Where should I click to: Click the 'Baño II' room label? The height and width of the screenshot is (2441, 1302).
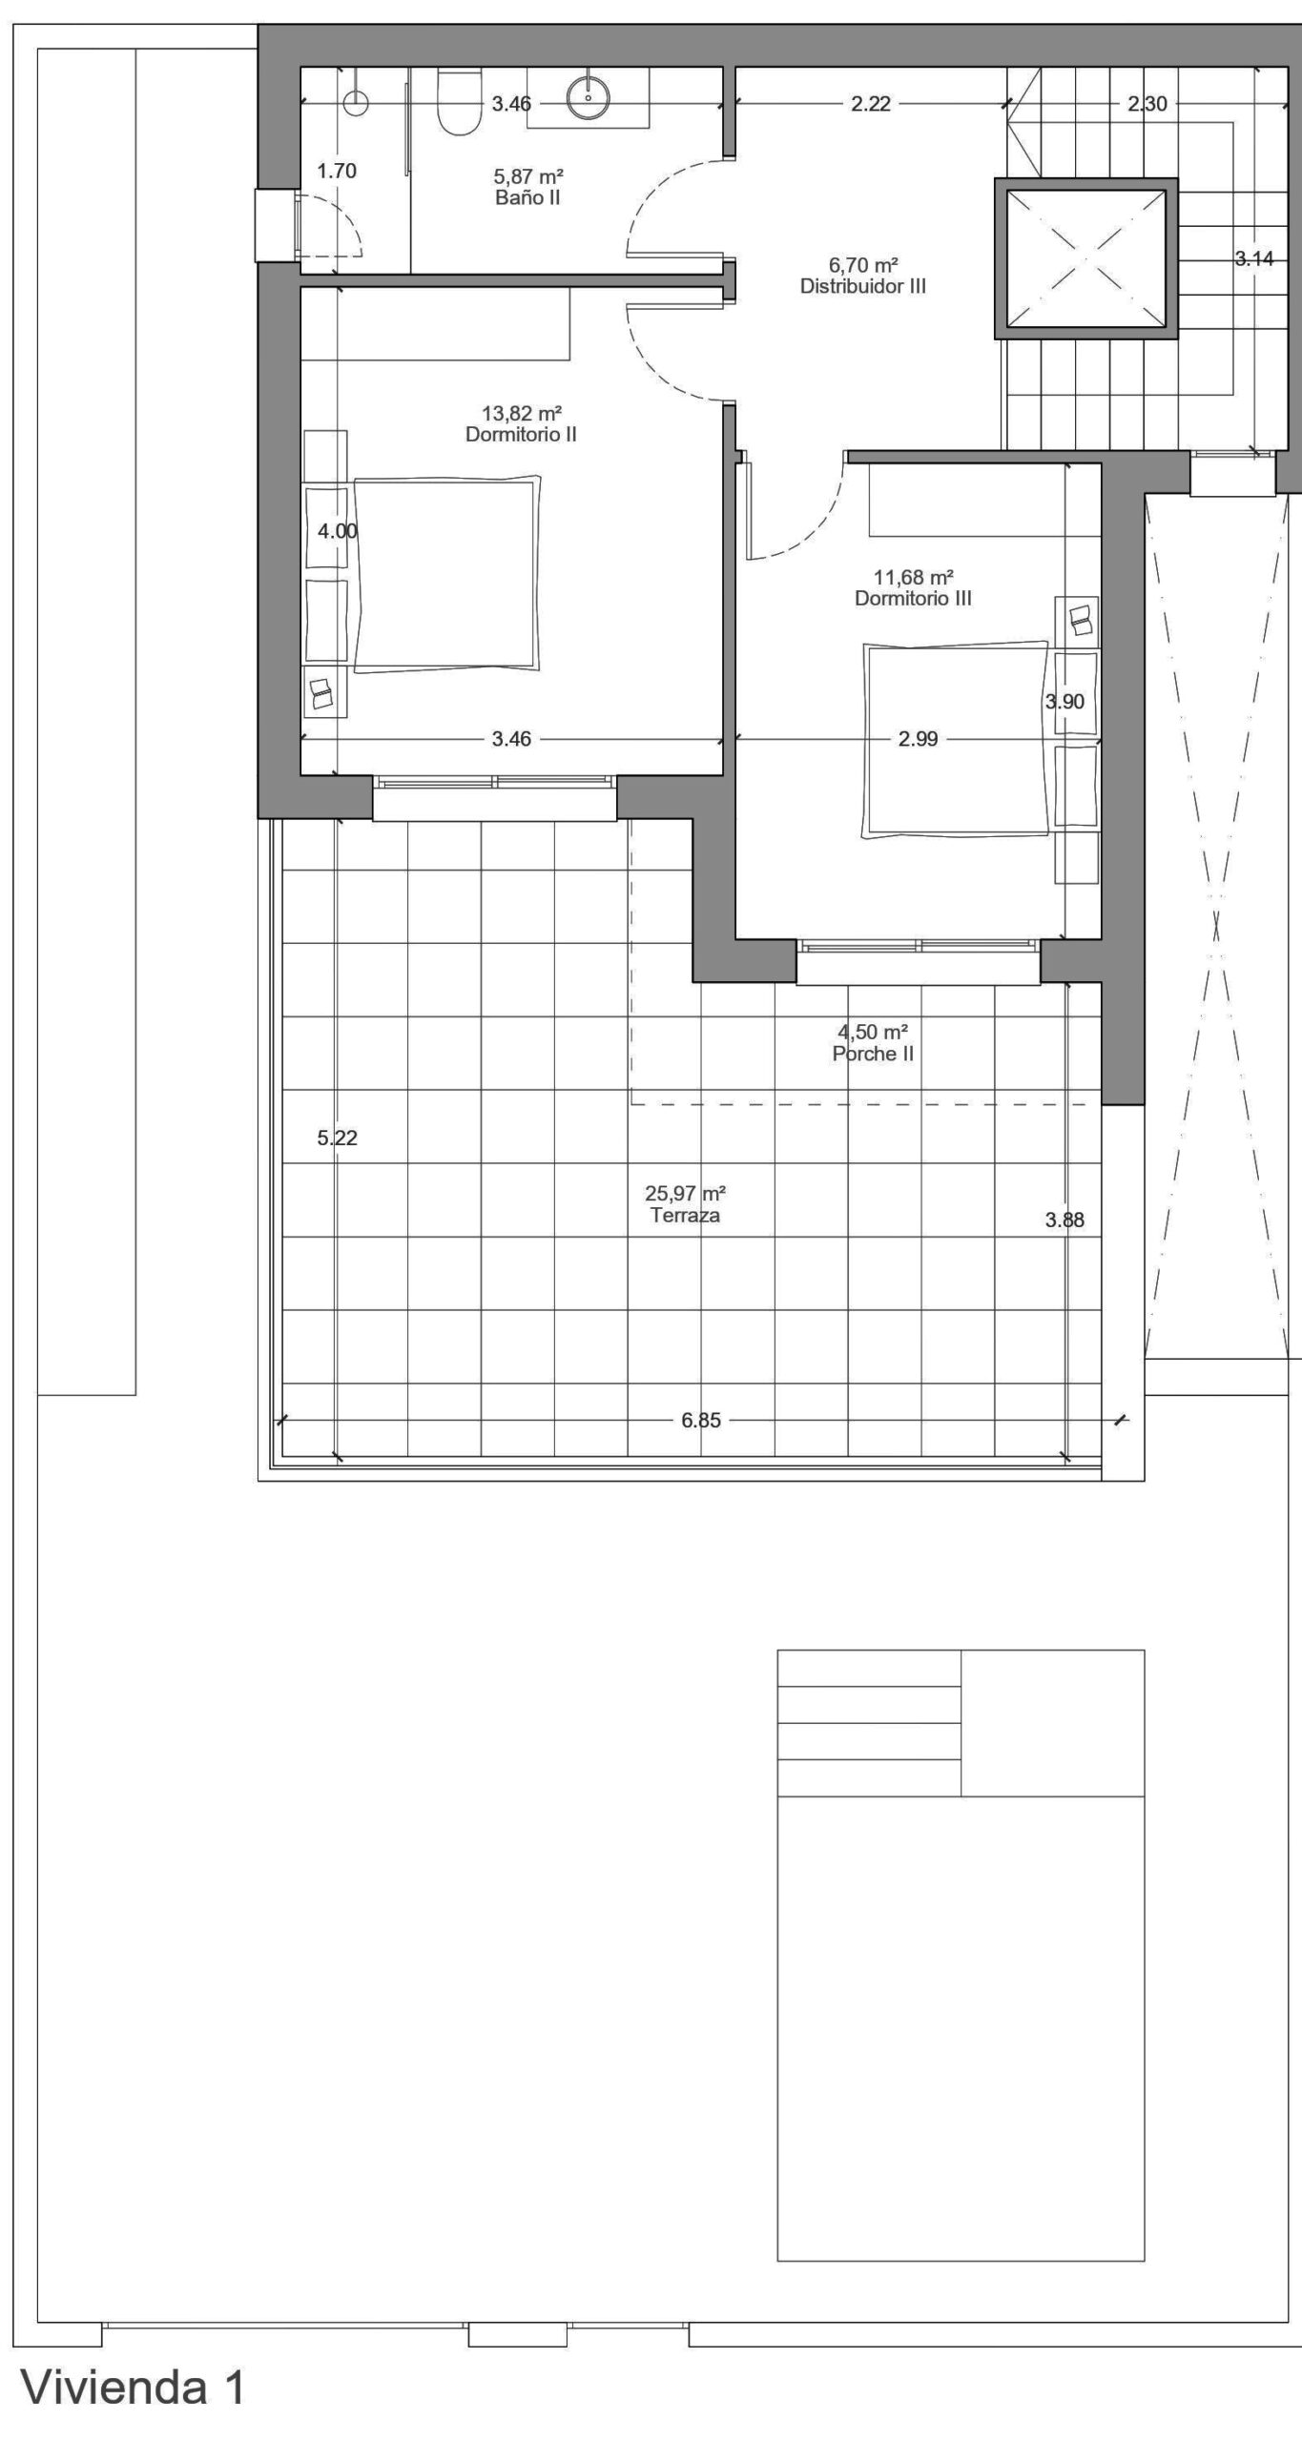pos(527,198)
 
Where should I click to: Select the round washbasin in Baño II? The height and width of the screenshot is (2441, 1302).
pos(589,96)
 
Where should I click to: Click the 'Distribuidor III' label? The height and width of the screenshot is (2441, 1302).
pos(863,286)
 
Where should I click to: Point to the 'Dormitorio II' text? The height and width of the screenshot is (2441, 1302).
pos(521,435)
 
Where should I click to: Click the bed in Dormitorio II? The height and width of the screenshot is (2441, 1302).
pos(445,575)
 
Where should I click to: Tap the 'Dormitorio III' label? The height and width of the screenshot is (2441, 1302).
pos(913,599)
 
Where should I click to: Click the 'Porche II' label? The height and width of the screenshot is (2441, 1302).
pos(873,1054)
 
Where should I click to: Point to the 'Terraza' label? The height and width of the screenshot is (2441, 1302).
pos(685,1216)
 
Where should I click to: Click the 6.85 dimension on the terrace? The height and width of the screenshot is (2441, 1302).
pos(701,1421)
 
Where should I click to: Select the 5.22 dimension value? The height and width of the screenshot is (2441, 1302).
pos(338,1138)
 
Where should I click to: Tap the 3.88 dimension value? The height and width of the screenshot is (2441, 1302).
pos(1064,1220)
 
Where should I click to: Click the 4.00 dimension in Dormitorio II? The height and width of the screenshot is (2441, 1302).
pos(338,531)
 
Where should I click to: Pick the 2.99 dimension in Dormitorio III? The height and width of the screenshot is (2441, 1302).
pos(919,738)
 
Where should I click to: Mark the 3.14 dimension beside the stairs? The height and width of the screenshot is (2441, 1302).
pos(1253,257)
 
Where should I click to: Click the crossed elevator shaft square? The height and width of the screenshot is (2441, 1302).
pos(1085,257)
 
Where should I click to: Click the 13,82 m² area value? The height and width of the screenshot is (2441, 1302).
pos(521,413)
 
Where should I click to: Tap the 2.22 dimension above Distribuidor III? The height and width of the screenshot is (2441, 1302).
pos(871,104)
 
